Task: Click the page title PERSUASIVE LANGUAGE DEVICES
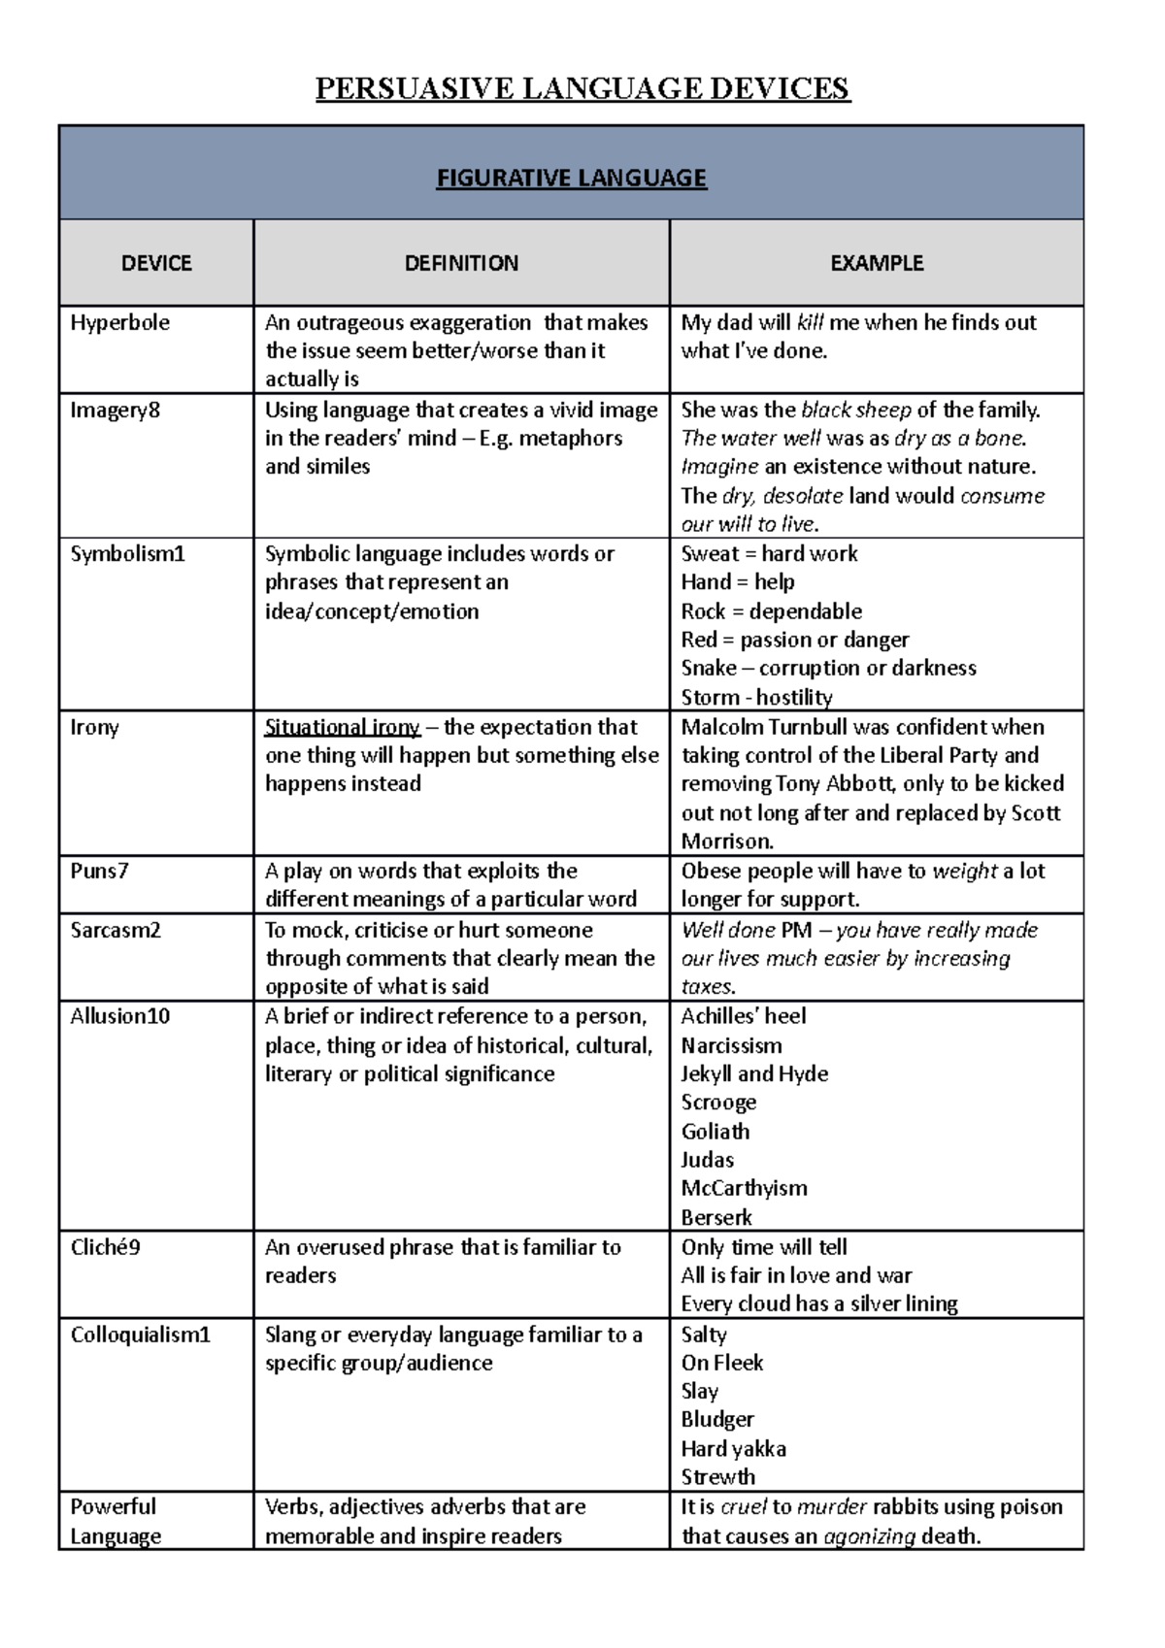pos(582,88)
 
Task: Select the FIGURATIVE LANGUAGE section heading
pos(571,178)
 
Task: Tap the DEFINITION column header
pos(461,263)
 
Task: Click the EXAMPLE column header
pos(877,263)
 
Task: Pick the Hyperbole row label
pos(119,322)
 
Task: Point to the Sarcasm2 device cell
pos(115,930)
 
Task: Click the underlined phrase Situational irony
pos(342,727)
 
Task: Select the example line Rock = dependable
pos(771,611)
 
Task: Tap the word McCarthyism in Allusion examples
pos(744,1188)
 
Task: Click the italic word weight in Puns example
pos(964,871)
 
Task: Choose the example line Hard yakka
pos(733,1448)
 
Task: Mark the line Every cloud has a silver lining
pos(818,1303)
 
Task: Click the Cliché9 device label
pos(105,1247)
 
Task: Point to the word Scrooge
pos(717,1103)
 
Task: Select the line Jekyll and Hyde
pos(754,1073)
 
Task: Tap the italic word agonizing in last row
pos(869,1535)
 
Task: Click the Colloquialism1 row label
pos(140,1335)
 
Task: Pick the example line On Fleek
pos(721,1363)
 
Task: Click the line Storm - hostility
pos(756,697)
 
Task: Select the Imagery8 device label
pos(115,410)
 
